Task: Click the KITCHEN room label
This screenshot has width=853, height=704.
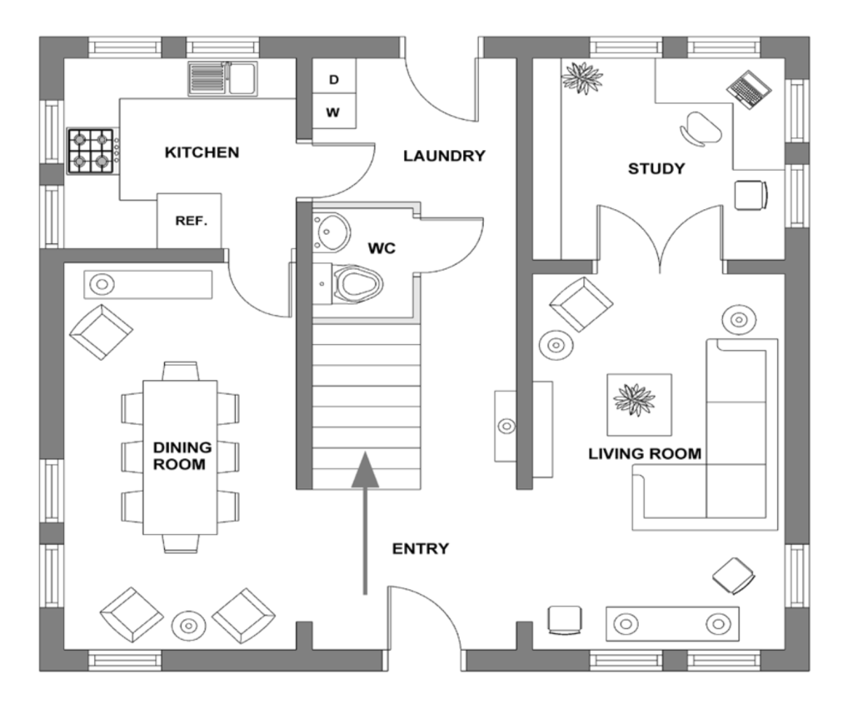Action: coord(202,152)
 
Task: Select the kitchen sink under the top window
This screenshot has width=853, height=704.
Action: coord(222,79)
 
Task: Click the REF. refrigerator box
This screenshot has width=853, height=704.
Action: coord(190,221)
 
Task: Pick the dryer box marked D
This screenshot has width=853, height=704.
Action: coord(334,80)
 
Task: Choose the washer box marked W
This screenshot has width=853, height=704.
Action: coord(334,112)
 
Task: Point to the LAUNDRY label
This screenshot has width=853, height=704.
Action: coord(444,155)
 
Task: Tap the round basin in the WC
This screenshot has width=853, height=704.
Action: coord(333,227)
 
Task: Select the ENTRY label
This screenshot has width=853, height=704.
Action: coord(421,548)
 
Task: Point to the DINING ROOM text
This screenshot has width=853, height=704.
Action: coord(179,456)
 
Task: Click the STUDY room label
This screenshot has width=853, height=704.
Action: coord(656,169)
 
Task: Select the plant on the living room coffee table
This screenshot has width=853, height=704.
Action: coord(634,399)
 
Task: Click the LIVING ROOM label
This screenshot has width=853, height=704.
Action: coord(645,454)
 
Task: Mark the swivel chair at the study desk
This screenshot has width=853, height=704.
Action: coord(702,127)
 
